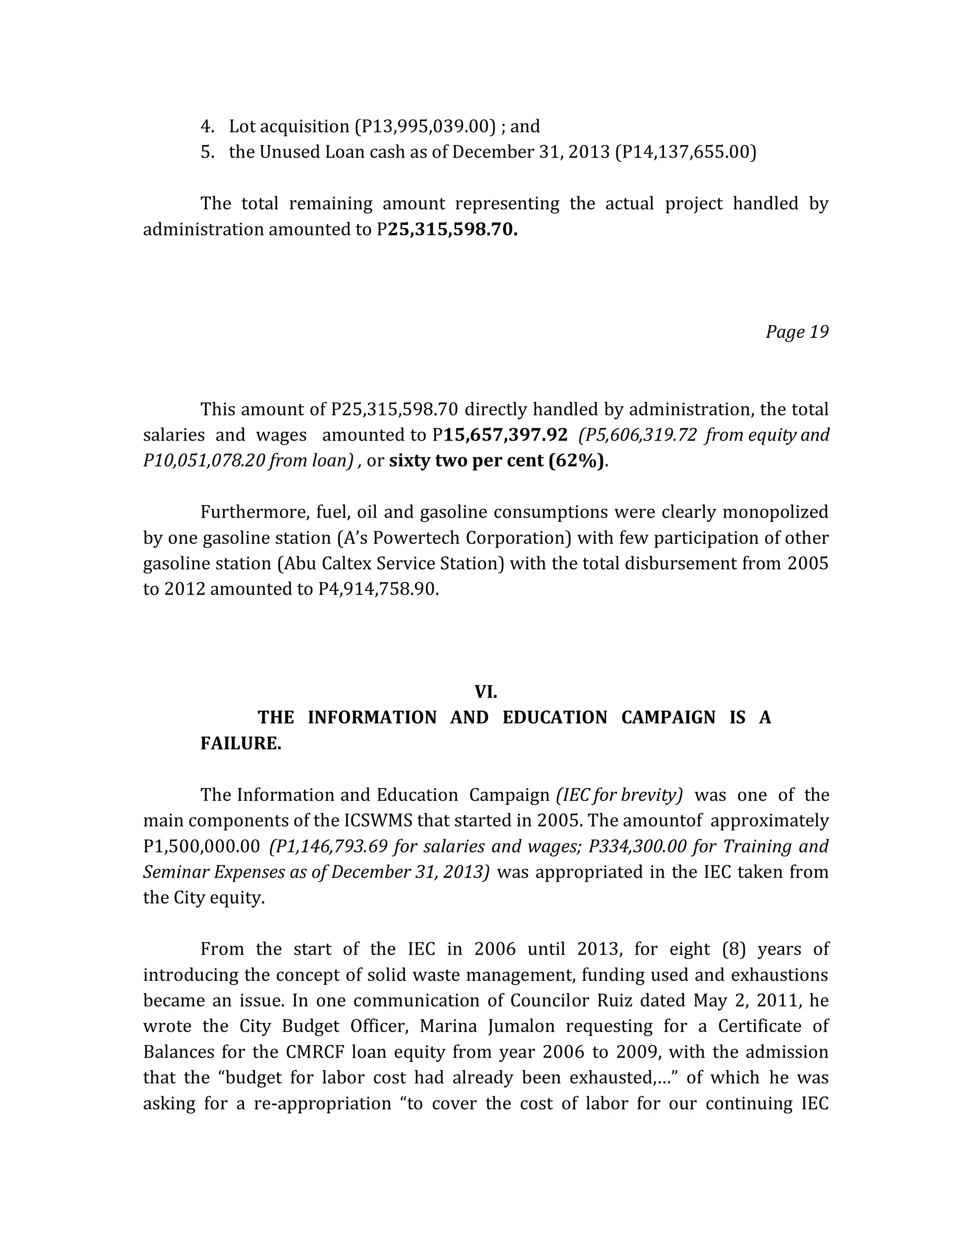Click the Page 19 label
tap(796, 332)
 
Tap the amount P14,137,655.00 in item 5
tap(685, 152)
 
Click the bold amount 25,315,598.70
tap(453, 230)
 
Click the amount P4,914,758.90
tap(378, 589)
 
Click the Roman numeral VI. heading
tap(486, 692)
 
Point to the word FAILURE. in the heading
tap(241, 743)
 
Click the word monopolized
tap(775, 512)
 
